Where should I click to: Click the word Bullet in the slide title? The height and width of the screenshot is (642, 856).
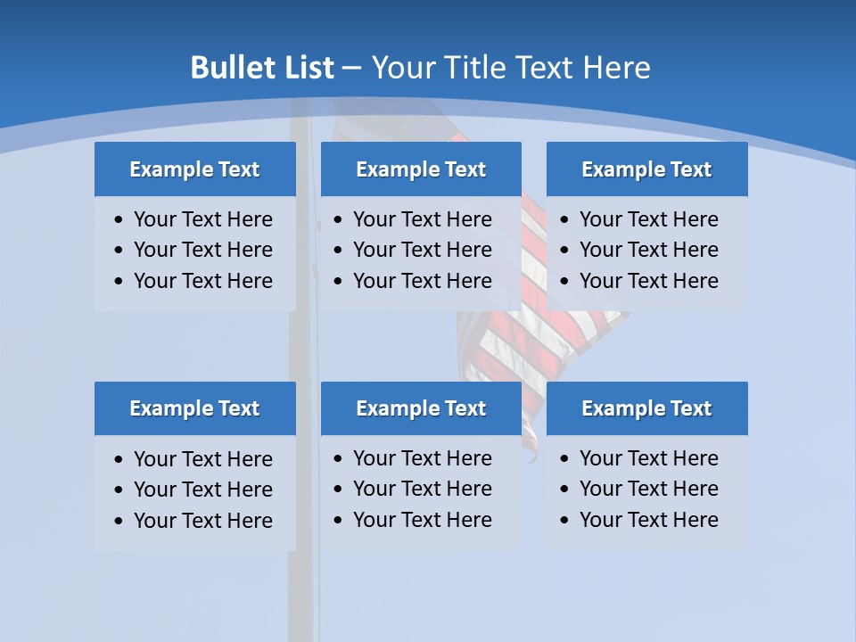point(235,68)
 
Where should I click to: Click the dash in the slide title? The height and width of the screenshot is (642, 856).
point(352,68)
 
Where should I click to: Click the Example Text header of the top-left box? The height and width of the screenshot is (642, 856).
point(194,169)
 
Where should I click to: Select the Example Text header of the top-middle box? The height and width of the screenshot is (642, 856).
point(421,169)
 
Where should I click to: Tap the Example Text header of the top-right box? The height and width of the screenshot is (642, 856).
point(646,169)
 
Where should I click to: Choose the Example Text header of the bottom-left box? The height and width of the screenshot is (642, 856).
point(194,408)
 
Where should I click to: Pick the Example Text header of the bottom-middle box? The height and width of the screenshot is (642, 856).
point(421,408)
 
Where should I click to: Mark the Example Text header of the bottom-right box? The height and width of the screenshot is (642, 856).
point(646,408)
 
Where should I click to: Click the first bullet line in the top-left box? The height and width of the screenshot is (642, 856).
point(202,219)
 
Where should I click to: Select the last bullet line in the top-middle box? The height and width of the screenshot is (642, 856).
point(422,281)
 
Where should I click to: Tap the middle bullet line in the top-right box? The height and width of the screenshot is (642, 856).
point(648,250)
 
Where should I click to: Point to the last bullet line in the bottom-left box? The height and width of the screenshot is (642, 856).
point(202,521)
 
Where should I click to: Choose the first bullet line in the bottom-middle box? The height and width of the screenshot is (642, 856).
point(422,458)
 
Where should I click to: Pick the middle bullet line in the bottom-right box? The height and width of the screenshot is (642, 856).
point(648,489)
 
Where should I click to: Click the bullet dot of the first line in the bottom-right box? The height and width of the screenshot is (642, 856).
point(564,459)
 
